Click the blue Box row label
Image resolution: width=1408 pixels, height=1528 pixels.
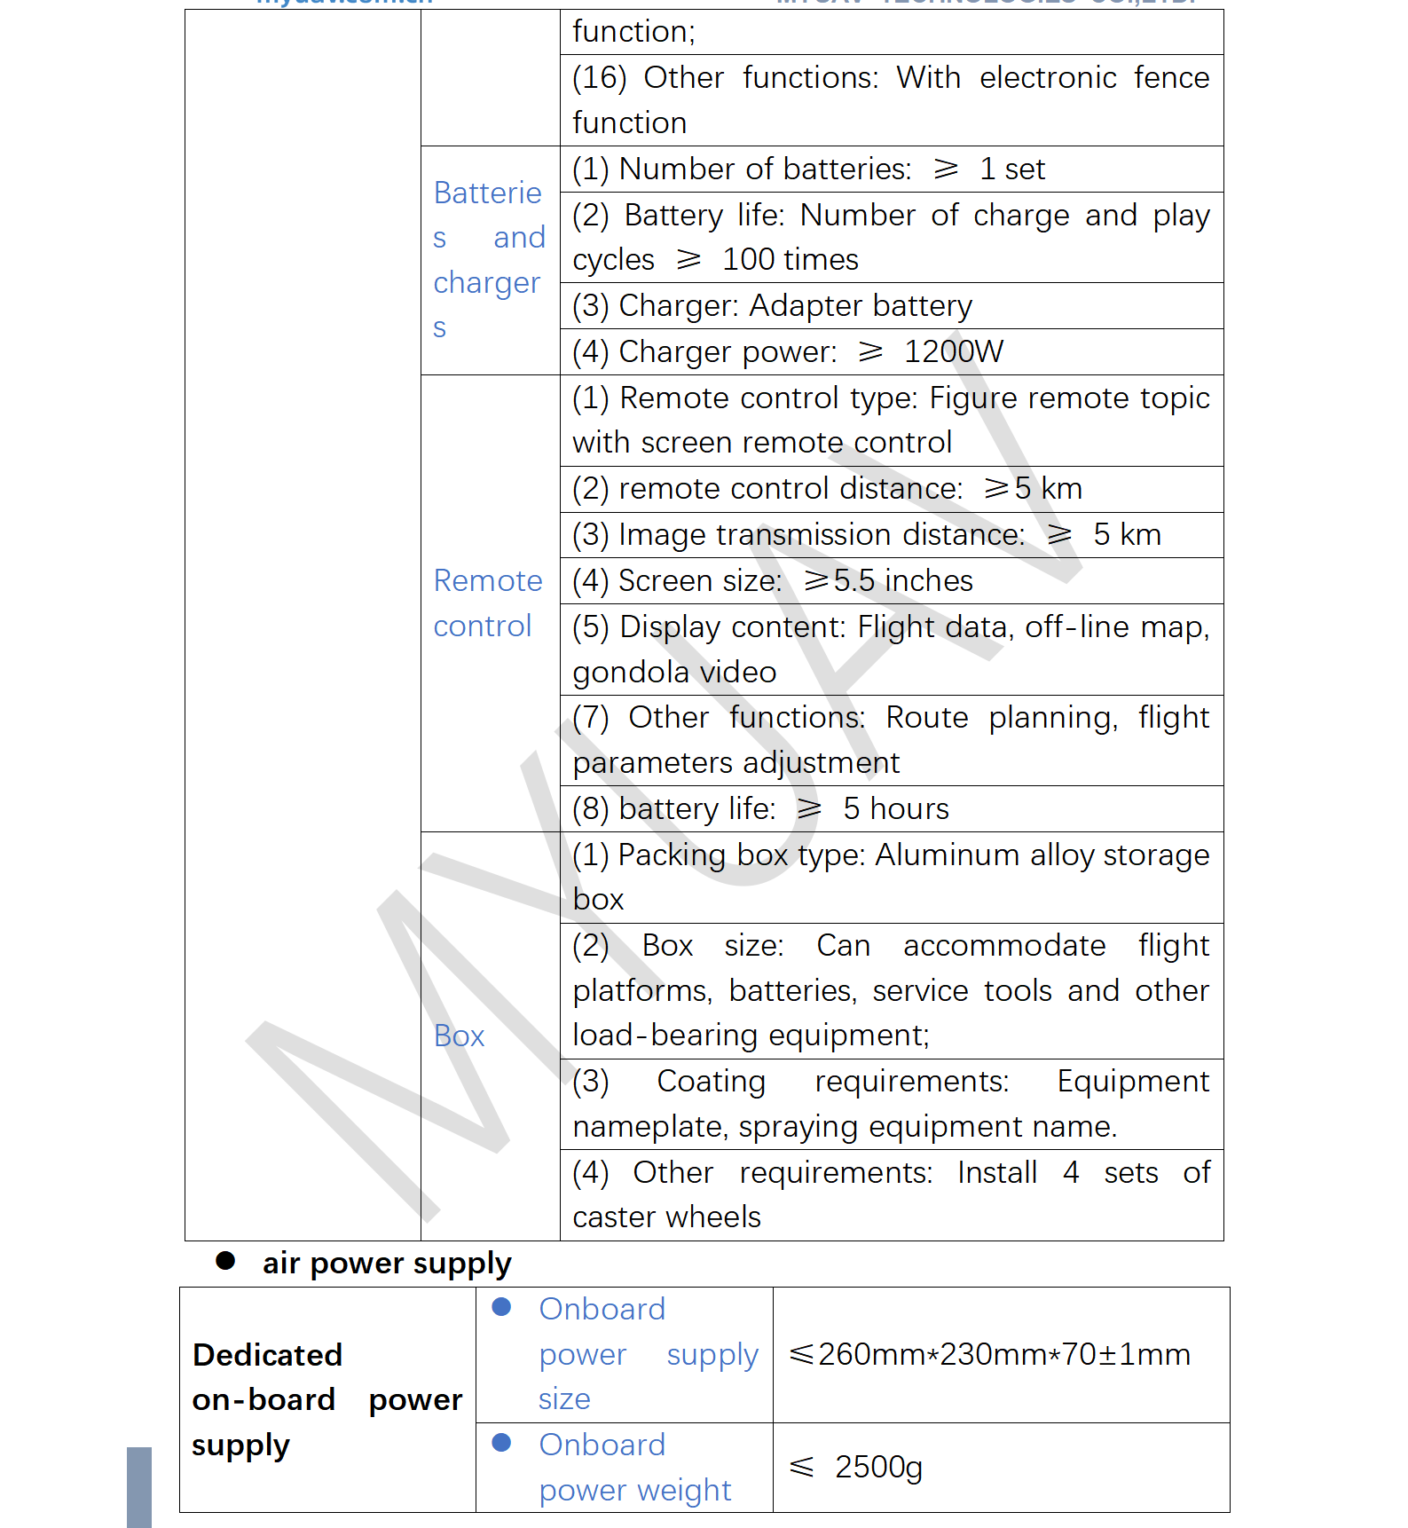point(459,1036)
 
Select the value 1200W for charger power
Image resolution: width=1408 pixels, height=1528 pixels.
point(954,351)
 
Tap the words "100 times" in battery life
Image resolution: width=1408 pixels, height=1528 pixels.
point(790,259)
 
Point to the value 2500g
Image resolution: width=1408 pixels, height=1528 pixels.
point(878,1467)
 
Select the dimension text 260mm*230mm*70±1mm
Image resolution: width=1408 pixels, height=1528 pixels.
point(1003,1354)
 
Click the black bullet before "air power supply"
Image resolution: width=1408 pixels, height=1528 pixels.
point(225,1261)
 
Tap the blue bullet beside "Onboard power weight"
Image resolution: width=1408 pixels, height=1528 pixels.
point(501,1443)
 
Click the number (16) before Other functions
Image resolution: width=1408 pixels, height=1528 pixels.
point(599,78)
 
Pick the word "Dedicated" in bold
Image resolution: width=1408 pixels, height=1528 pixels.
point(267,1355)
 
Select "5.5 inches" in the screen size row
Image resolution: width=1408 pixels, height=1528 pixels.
point(902,580)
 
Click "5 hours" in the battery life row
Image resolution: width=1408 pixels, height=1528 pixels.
point(895,808)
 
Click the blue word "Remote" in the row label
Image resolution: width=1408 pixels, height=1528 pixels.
point(488,580)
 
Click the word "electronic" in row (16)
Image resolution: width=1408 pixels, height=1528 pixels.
point(1047,78)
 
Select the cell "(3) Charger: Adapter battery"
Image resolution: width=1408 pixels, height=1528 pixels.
point(772,306)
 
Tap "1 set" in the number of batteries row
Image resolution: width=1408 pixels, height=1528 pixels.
point(1012,169)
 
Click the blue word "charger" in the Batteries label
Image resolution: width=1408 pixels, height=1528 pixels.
point(486,282)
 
